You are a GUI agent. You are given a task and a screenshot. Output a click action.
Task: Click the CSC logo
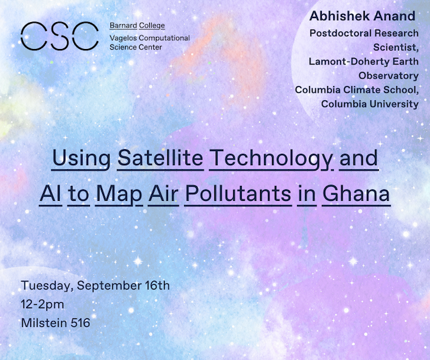[x=60, y=36]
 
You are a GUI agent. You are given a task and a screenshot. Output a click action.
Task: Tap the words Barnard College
[x=137, y=26]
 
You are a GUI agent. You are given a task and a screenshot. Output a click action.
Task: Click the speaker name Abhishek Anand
[x=362, y=16]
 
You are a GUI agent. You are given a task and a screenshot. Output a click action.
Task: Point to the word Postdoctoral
[x=341, y=33]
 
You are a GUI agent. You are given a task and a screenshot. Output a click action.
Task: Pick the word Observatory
[x=388, y=76]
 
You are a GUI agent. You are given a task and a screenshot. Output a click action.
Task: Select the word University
[x=394, y=104]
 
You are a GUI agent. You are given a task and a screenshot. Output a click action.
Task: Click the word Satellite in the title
[x=161, y=159]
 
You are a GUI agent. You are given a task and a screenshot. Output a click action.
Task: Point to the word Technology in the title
[x=271, y=159]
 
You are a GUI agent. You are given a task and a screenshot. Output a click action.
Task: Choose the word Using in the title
[x=81, y=159]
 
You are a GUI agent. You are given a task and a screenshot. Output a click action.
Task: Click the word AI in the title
[x=50, y=194]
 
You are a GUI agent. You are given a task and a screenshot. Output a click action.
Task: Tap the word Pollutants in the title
[x=238, y=194]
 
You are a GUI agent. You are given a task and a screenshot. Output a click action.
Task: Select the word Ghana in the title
[x=356, y=194]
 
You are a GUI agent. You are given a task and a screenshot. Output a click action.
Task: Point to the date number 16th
[x=157, y=285]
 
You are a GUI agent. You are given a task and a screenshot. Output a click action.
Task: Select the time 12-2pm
[x=42, y=305]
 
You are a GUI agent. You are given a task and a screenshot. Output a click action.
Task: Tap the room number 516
[x=81, y=323]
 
